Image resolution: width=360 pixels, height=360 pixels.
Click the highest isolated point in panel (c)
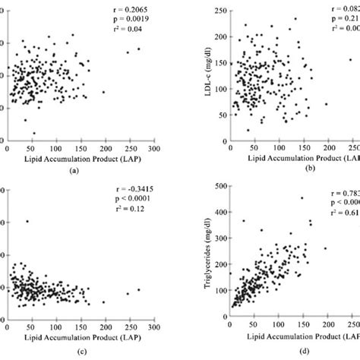[x=27, y=222]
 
